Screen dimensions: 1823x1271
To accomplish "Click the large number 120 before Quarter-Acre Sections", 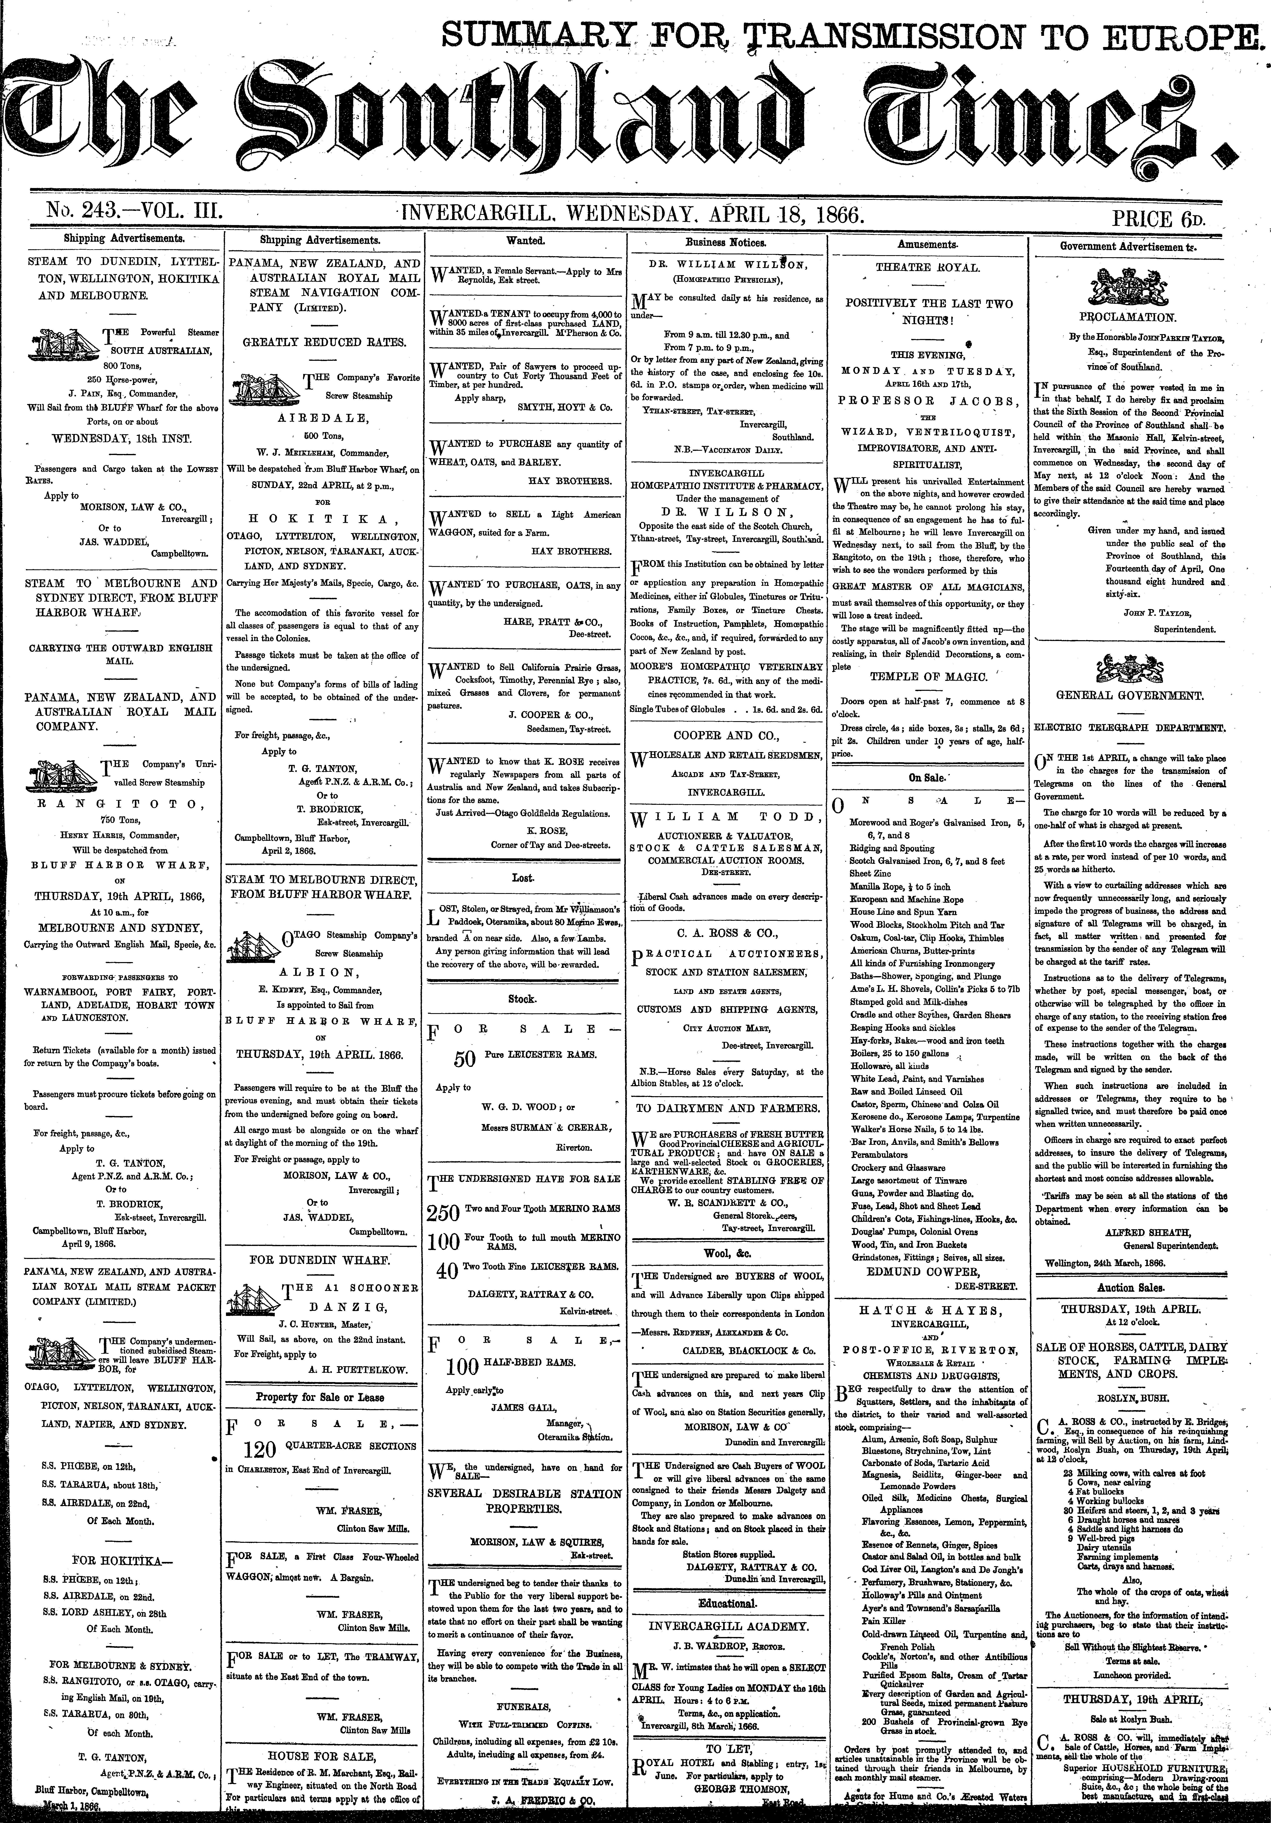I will pyautogui.click(x=260, y=1450).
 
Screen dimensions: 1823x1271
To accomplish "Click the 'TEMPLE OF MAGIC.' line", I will pyautogui.click(x=928, y=677).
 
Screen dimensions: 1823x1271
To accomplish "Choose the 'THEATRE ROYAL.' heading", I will pyautogui.click(x=927, y=268).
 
